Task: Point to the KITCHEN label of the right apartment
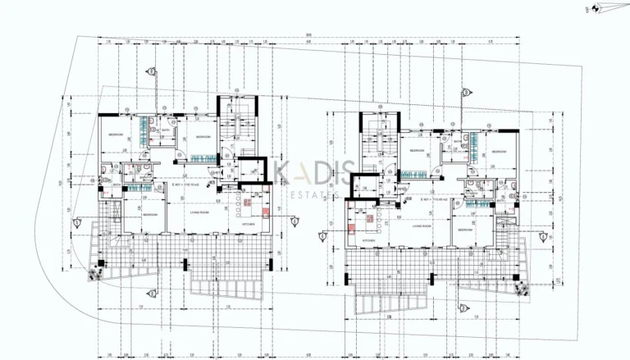pos(369,240)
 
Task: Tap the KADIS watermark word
pos(315,173)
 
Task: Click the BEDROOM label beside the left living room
pos(150,215)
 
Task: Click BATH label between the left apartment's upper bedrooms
pos(165,130)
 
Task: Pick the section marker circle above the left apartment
pos(148,71)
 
